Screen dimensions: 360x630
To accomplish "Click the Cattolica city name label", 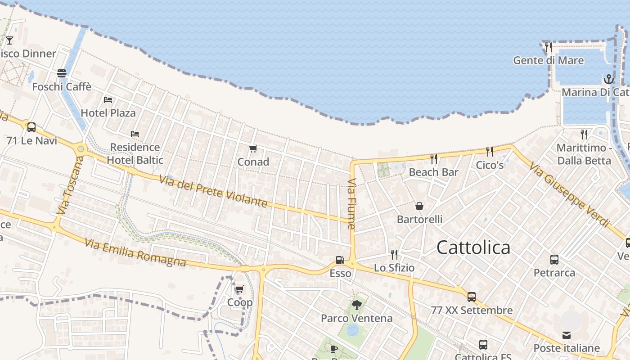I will click(473, 247).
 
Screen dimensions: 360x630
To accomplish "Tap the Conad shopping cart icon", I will click(253, 148).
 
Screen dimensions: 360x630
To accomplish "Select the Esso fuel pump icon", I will click(340, 260).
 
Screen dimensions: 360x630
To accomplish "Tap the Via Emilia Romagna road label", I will click(135, 253).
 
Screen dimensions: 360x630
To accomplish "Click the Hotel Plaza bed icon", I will click(108, 99).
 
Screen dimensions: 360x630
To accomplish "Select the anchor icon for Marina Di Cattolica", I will click(608, 80).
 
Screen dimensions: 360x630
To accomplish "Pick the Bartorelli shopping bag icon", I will click(419, 206).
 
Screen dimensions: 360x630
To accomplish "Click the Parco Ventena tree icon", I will click(357, 305).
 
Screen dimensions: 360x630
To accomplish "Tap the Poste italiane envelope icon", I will click(567, 335).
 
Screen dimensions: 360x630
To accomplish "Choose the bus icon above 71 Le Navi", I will click(31, 127).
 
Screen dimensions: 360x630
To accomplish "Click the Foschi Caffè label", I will click(62, 86).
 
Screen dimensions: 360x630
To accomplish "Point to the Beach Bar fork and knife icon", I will click(434, 159).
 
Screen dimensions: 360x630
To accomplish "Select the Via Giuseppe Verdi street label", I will click(569, 194).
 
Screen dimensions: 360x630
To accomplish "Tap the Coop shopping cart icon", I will click(239, 289).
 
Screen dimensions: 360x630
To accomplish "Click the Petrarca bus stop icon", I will click(554, 260).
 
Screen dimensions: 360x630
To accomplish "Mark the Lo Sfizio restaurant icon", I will click(394, 255).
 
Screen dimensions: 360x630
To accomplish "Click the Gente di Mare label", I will click(549, 60).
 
